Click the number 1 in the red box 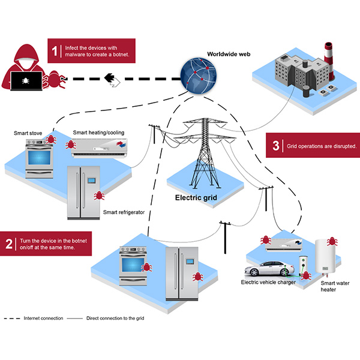coord(56,52)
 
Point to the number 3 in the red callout coord(275,145)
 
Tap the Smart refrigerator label coord(124,212)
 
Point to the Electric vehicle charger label coord(268,282)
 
